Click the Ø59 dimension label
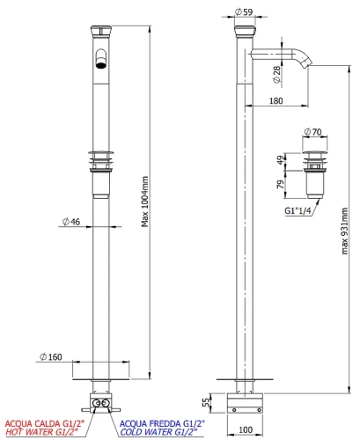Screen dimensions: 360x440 coord(244,12)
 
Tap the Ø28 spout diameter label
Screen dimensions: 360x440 coord(276,75)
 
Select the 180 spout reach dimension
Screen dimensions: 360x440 coord(276,101)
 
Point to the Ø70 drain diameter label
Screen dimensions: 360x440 coord(313,132)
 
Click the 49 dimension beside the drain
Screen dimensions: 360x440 coord(281,160)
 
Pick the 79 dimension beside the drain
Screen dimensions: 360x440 coord(281,184)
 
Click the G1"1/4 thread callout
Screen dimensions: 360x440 coord(298,211)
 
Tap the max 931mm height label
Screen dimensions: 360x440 coord(344,231)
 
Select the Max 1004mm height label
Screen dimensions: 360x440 coord(144,202)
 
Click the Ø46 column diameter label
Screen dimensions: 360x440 coord(71,222)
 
